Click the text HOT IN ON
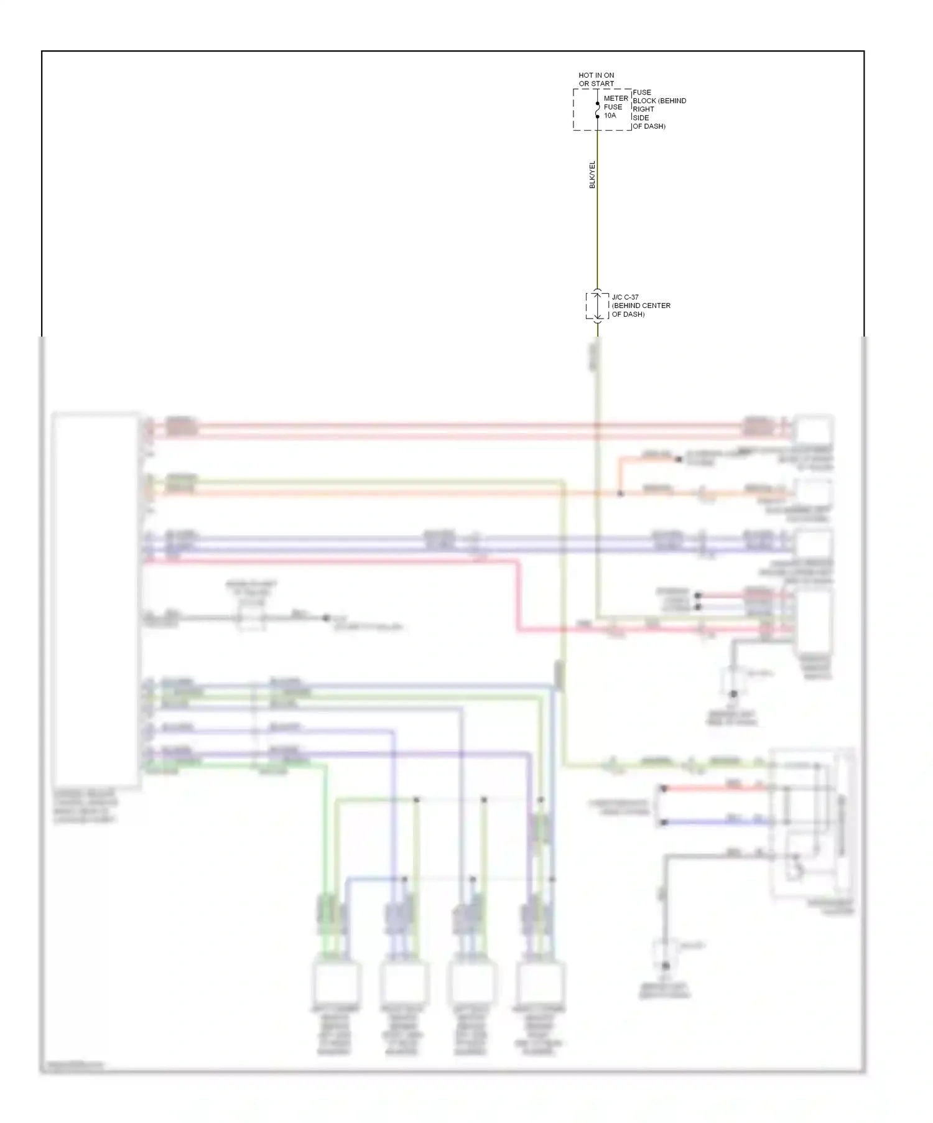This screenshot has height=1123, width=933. [x=596, y=75]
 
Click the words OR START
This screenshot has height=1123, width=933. [x=596, y=83]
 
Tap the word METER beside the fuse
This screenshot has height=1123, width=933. [x=616, y=98]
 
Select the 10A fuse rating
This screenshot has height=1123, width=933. [x=610, y=115]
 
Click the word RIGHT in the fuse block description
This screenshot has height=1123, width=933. [x=643, y=109]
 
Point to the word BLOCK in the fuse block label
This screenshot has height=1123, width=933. [x=644, y=101]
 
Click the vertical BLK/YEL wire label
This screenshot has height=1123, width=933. [x=592, y=174]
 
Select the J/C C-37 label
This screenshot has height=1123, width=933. [x=625, y=297]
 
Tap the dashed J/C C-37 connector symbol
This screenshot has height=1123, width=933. [x=597, y=305]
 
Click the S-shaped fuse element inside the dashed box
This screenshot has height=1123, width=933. [x=597, y=110]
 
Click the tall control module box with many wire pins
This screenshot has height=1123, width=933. [x=96, y=600]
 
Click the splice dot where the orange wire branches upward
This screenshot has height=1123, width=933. [x=620, y=493]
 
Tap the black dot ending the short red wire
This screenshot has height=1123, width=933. [x=664, y=788]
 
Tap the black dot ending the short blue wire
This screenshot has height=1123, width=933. [x=664, y=822]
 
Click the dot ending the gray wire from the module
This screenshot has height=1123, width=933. [x=326, y=618]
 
